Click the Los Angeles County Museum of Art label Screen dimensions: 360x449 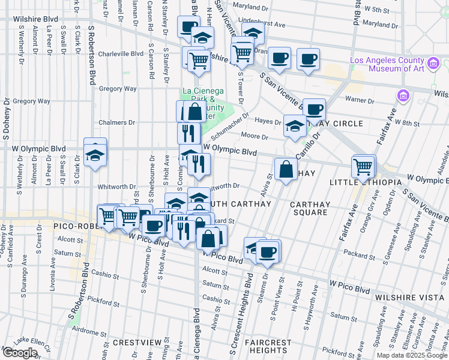click(388, 65)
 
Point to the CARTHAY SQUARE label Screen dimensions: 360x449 click(309, 208)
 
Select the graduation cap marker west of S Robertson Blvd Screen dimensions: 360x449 click(95, 154)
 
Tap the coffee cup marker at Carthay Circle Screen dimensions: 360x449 click(314, 110)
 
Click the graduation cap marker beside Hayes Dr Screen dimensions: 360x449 click(294, 126)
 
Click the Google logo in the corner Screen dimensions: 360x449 click(20, 352)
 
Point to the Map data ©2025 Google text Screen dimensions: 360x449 click(412, 355)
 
